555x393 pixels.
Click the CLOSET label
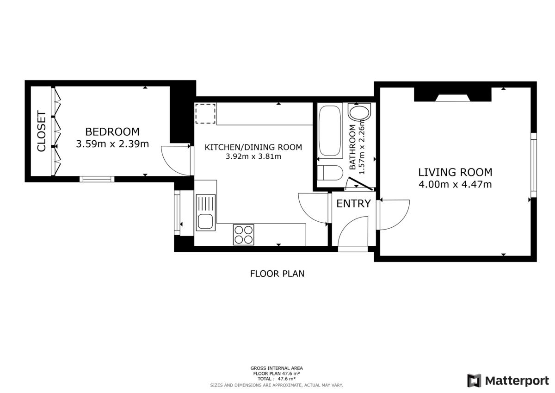(x=41, y=131)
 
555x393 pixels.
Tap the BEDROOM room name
(x=112, y=131)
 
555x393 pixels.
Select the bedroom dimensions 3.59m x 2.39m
(x=112, y=144)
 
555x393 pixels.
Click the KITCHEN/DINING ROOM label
(x=253, y=147)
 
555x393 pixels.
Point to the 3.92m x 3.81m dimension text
(x=253, y=156)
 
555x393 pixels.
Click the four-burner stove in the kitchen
(x=244, y=235)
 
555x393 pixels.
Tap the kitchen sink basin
(x=205, y=221)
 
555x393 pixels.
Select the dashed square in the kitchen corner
(x=205, y=113)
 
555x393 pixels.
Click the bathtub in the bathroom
(x=330, y=131)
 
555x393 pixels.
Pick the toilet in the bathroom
(x=330, y=173)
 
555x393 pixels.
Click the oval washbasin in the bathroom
(x=359, y=112)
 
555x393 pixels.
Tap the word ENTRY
(x=353, y=204)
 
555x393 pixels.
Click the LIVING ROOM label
(x=455, y=172)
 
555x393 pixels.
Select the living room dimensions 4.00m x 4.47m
(x=455, y=185)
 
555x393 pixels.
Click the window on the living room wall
(x=533, y=165)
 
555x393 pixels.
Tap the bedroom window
(x=97, y=179)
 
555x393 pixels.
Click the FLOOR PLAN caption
(x=277, y=274)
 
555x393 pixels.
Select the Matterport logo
(x=508, y=381)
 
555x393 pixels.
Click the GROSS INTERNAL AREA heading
(x=277, y=368)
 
